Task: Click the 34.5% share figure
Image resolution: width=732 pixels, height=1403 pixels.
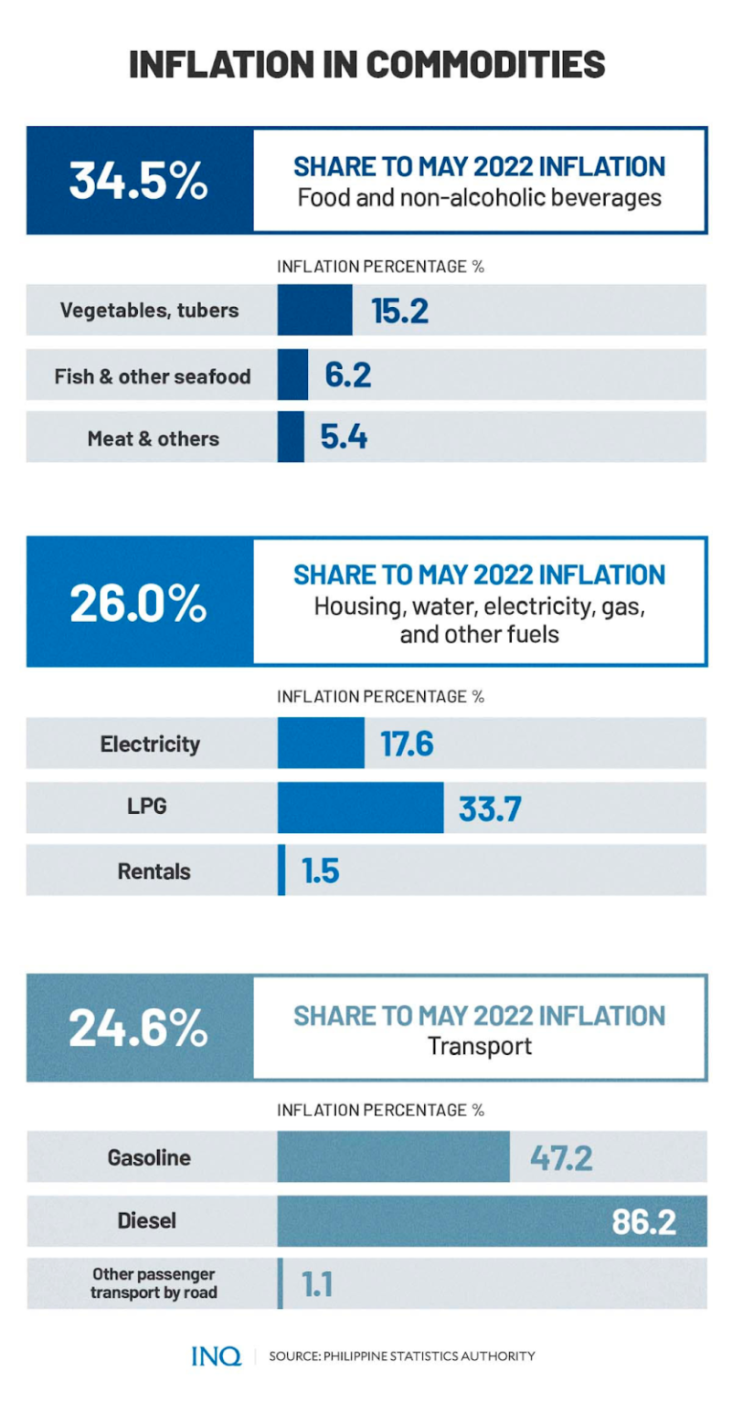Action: click(139, 181)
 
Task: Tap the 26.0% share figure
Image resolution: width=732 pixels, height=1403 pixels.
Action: click(139, 603)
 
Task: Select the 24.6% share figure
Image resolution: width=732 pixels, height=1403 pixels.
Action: click(139, 1029)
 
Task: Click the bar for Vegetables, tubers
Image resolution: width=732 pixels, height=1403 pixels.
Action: click(314, 310)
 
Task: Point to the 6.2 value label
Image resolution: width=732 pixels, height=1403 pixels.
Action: click(348, 374)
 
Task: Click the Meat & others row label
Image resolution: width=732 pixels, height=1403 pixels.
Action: click(154, 438)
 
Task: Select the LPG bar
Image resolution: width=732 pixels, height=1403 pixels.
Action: click(360, 807)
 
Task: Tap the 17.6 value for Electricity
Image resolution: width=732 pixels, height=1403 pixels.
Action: click(407, 744)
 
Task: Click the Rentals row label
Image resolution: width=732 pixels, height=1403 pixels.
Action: click(154, 871)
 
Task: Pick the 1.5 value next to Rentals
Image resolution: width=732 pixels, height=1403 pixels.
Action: click(321, 871)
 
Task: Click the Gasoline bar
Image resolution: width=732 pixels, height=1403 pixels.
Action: click(393, 1157)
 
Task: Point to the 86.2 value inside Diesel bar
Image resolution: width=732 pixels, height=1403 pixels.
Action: click(643, 1222)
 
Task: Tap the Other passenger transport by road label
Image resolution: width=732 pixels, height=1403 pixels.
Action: click(154, 1283)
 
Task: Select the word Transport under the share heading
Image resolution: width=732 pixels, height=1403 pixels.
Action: click(480, 1046)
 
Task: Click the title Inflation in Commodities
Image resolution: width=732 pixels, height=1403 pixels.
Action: click(366, 65)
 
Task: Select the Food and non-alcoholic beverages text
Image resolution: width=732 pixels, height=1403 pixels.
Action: click(480, 197)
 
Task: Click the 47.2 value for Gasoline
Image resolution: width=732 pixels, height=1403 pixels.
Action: click(561, 1158)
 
